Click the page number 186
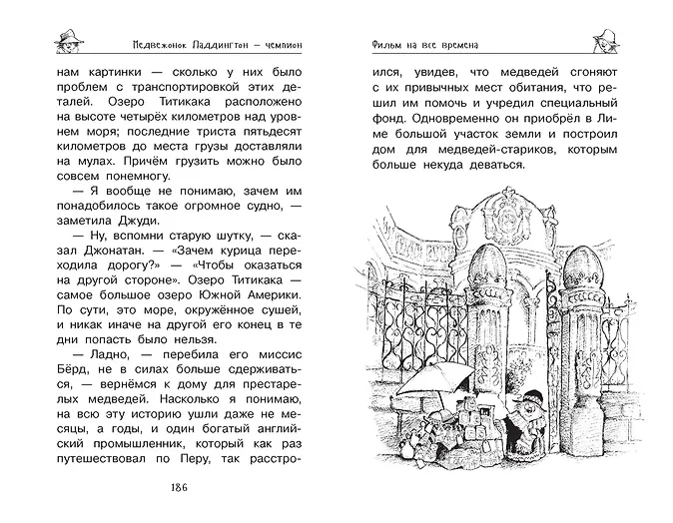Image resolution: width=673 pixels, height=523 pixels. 180,487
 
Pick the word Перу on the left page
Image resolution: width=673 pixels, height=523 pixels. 192,459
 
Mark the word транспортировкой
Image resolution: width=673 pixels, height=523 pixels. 185,87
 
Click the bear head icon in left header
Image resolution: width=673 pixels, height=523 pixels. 69,41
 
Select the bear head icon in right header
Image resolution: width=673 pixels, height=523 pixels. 605,41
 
